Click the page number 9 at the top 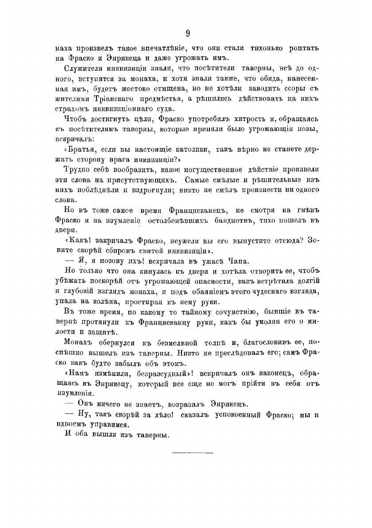click(188, 33)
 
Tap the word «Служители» click(83, 68)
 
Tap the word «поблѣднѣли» click(95, 189)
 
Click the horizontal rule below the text click(192, 453)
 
